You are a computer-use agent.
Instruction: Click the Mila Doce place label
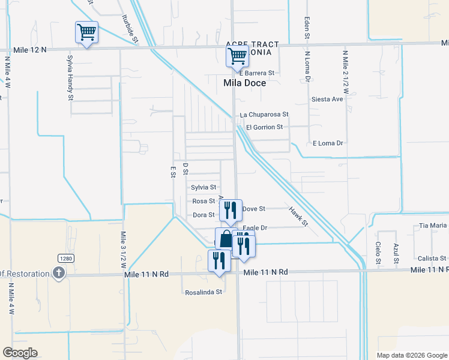click(x=244, y=83)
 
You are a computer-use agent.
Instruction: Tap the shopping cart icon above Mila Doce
click(x=237, y=57)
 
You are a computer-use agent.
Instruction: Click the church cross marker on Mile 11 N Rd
click(x=58, y=274)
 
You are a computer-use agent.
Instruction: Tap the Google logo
click(x=20, y=353)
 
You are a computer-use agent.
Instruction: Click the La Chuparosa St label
click(x=264, y=114)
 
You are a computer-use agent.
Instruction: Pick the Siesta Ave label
click(x=327, y=99)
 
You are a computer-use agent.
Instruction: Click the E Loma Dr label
click(x=327, y=143)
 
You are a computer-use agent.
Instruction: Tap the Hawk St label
click(x=298, y=217)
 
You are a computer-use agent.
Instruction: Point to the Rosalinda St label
click(x=203, y=292)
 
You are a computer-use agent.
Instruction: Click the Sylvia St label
click(x=203, y=187)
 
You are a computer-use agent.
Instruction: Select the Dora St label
click(x=203, y=215)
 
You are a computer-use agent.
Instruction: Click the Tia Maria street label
click(x=433, y=226)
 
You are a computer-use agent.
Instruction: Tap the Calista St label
click(x=432, y=258)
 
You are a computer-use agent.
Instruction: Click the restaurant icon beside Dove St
click(x=230, y=210)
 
